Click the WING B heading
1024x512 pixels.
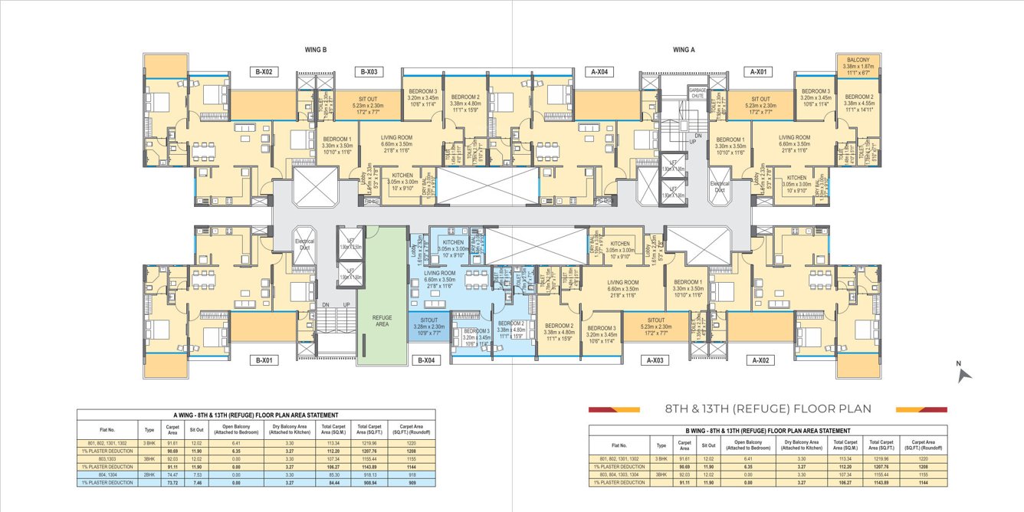coord(316,50)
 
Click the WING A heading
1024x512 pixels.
coord(684,50)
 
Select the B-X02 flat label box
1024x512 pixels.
coord(266,72)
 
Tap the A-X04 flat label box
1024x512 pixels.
coord(601,72)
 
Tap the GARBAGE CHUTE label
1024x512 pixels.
coord(697,93)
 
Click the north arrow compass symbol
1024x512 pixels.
coord(964,373)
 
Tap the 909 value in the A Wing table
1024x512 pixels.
coord(412,483)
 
